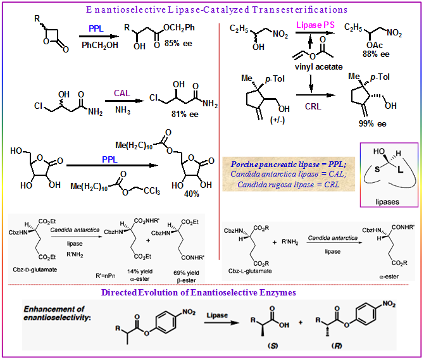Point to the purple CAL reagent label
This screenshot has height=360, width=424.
[x=122, y=94]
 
